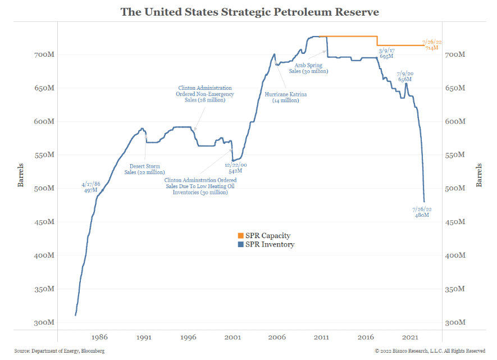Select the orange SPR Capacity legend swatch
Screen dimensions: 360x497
[240, 236]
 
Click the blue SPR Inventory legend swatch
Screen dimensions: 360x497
[240, 244]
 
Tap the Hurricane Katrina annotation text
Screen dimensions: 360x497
[286, 97]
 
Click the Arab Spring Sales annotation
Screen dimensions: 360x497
[308, 69]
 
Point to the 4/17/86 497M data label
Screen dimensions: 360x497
[91, 188]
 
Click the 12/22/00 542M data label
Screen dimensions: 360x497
[235, 168]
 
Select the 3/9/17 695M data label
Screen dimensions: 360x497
[386, 54]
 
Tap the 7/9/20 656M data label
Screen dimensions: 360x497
[405, 76]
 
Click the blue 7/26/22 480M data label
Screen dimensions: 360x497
[421, 212]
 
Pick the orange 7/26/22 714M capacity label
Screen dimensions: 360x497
[432, 45]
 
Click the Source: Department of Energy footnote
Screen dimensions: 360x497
[60, 351]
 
